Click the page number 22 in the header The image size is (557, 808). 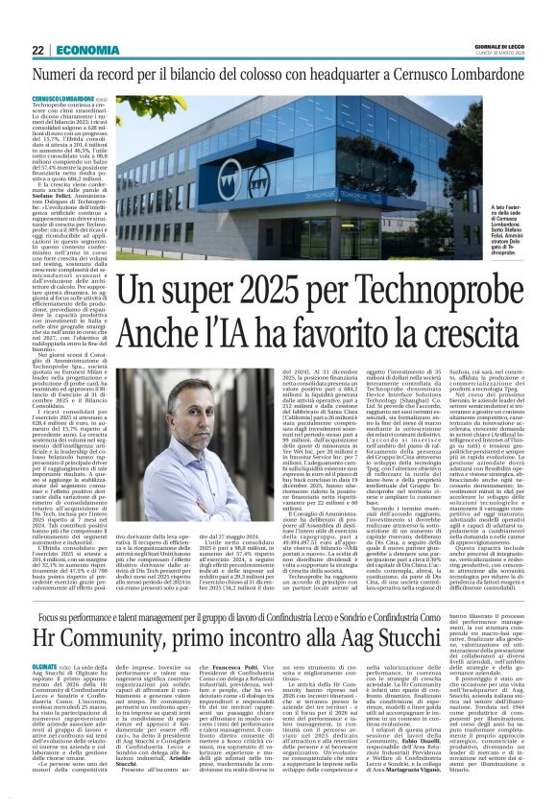[x=37, y=49]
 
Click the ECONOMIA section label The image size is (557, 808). [x=88, y=49]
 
